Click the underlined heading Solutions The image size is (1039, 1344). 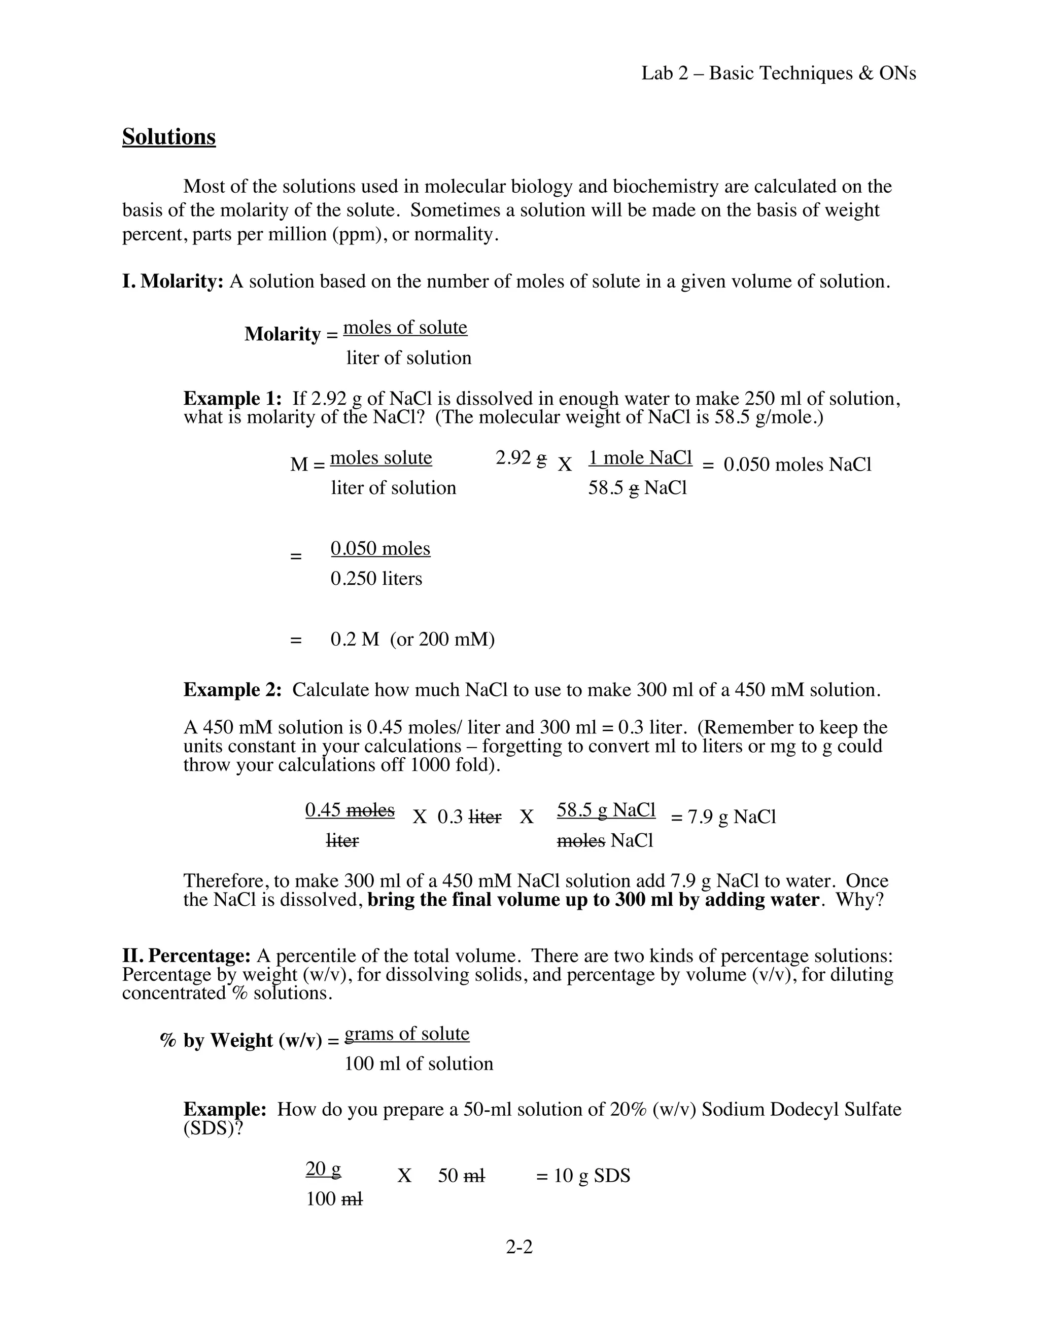pyautogui.click(x=168, y=136)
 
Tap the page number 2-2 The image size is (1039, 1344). pyautogui.click(x=519, y=1246)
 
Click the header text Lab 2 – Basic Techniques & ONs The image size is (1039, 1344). pyautogui.click(x=779, y=73)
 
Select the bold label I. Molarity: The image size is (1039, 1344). pyautogui.click(x=173, y=281)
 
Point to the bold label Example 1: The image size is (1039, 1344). pyautogui.click(x=232, y=398)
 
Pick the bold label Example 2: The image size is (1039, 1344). pyautogui.click(x=232, y=689)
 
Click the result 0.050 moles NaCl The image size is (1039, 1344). pyautogui.click(x=797, y=464)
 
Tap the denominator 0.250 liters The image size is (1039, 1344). pyautogui.click(x=376, y=579)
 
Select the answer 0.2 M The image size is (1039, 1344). pyautogui.click(x=355, y=640)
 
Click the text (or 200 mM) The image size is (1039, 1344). pyautogui.click(x=442, y=640)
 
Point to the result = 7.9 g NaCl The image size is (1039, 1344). pyautogui.click(x=723, y=817)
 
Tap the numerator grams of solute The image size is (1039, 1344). pyautogui.click(x=407, y=1033)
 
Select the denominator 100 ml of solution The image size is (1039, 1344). pyautogui.click(x=419, y=1064)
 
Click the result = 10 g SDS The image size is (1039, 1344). pyautogui.click(x=583, y=1176)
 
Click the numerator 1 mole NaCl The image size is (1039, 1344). pyautogui.click(x=640, y=458)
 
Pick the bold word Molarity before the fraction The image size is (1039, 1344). pyautogui.click(x=283, y=334)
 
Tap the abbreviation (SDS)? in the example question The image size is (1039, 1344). pyautogui.click(x=213, y=1128)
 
